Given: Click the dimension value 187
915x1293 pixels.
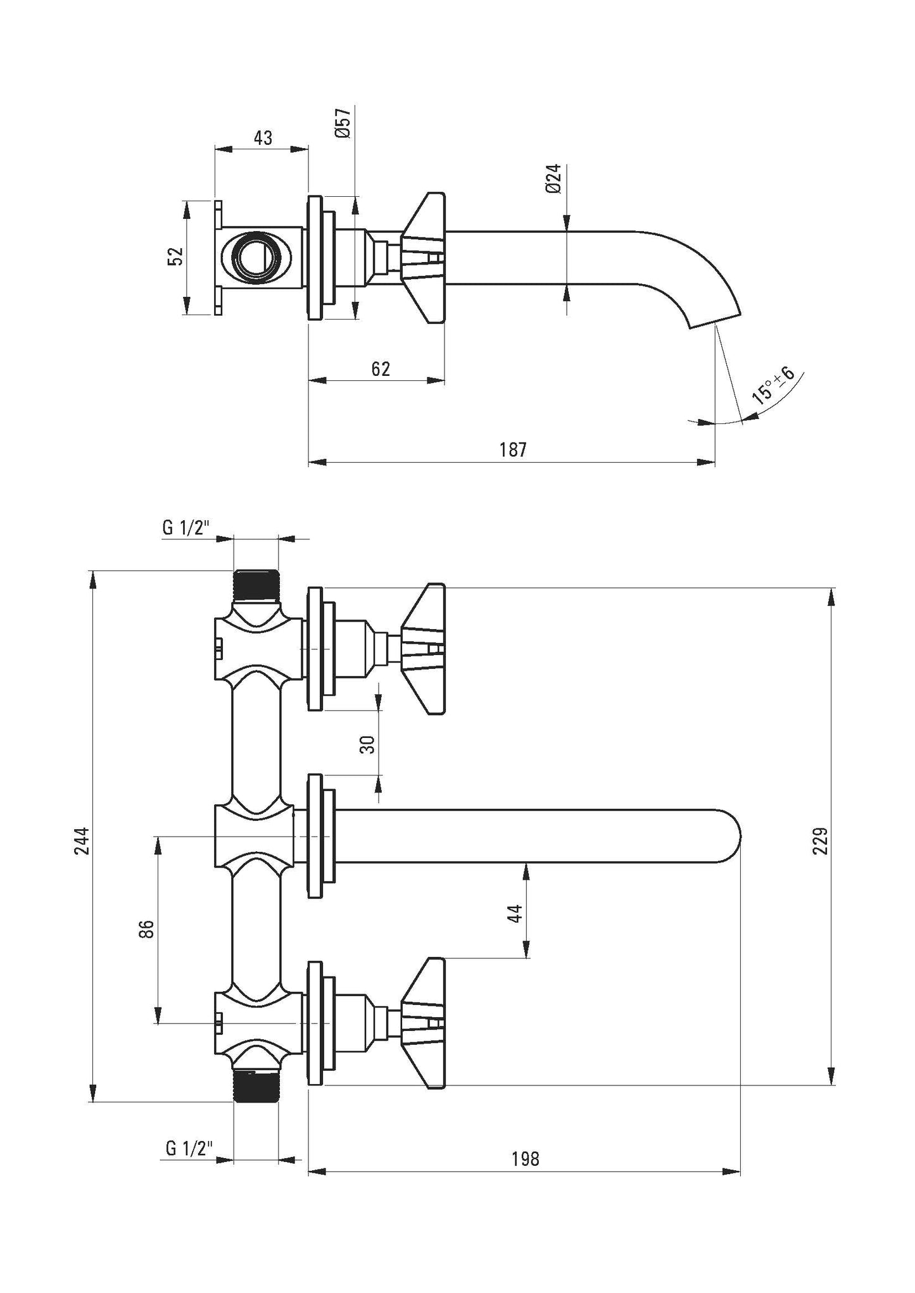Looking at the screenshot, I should [x=512, y=449].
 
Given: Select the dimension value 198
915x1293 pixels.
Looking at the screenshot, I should [x=525, y=1159].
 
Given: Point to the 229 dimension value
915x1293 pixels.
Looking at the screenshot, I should [x=821, y=840].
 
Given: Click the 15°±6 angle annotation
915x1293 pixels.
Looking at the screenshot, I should [x=773, y=385].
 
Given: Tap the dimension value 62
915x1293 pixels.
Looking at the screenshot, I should [x=381, y=368].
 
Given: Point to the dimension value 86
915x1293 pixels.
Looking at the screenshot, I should [x=146, y=930].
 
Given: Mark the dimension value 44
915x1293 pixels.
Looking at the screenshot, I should [x=515, y=913].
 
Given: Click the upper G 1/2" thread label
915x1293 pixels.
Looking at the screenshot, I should [x=186, y=528].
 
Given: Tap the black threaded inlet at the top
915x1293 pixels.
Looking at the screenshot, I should [x=256, y=585].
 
